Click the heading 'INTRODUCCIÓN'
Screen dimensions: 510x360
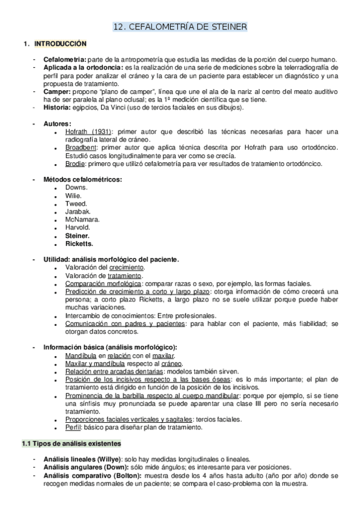(60, 45)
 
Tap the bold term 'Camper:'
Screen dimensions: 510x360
(57, 92)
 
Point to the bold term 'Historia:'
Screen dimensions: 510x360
(58, 108)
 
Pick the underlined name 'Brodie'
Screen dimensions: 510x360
(75, 164)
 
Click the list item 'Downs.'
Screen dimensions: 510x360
(76, 188)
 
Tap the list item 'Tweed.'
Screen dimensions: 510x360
(76, 204)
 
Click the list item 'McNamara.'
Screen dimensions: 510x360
(82, 220)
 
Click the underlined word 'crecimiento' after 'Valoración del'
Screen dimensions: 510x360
(127, 268)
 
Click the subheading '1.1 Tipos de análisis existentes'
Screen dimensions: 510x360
(71, 444)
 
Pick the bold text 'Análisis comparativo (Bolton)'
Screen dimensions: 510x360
(91, 475)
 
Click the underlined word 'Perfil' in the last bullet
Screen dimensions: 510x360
(74, 428)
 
